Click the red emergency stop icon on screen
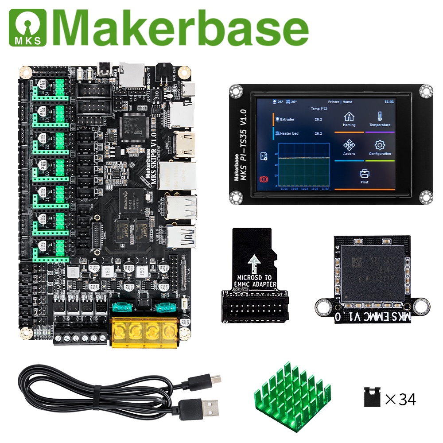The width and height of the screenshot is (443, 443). coord(263,179)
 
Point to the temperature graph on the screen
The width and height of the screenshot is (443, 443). coord(303,166)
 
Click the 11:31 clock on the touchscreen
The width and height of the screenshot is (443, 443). coord(389,101)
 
